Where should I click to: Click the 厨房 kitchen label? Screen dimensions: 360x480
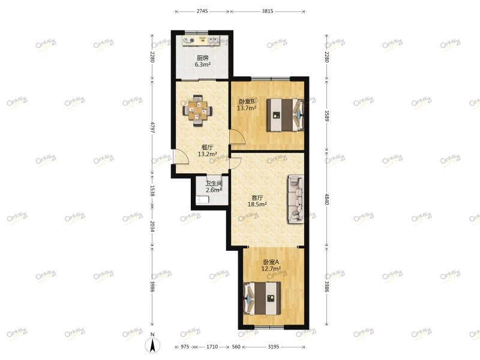[x=202, y=58]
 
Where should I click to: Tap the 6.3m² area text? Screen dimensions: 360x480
[x=202, y=65]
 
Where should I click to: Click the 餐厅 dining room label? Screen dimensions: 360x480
[x=206, y=147]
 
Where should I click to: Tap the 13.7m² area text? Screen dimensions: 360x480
[x=247, y=108]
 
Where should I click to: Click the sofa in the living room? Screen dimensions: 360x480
[x=296, y=199]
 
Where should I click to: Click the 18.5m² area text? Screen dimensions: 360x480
[x=257, y=204]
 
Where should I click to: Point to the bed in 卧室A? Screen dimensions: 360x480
[x=263, y=299]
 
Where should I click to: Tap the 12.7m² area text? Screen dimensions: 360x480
[x=271, y=269]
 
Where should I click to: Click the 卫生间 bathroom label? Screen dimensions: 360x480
[x=214, y=184]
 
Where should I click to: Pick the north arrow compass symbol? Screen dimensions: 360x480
[x=153, y=345]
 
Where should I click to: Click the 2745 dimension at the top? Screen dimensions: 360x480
[x=202, y=11]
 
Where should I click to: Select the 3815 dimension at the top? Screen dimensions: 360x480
[x=267, y=11]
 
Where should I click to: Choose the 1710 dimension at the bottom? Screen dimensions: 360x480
[x=212, y=347]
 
